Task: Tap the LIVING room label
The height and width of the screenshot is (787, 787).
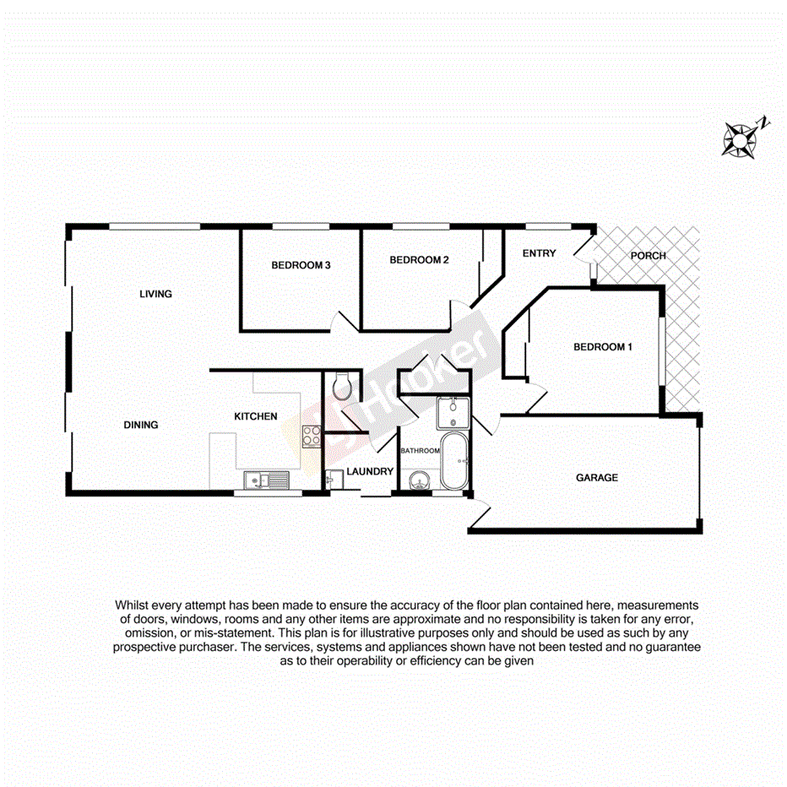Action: click(x=155, y=294)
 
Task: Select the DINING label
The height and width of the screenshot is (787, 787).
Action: click(x=140, y=425)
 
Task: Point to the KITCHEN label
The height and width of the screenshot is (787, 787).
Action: click(x=256, y=416)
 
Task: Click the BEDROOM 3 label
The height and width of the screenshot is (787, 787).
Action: click(x=300, y=265)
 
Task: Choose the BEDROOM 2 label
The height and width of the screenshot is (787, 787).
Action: click(x=418, y=260)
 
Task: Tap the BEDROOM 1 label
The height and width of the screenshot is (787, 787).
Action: click(x=602, y=347)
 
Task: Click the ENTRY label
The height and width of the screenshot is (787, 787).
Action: click(x=539, y=253)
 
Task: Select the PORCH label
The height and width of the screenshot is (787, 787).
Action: click(x=649, y=255)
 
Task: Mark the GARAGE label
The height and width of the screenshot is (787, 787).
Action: click(x=596, y=478)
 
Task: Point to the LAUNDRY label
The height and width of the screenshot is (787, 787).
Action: click(x=370, y=471)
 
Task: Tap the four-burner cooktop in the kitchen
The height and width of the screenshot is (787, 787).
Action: click(x=311, y=437)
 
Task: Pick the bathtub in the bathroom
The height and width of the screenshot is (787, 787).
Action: click(x=453, y=462)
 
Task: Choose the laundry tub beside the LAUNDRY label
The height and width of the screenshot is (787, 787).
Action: click(x=330, y=479)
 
